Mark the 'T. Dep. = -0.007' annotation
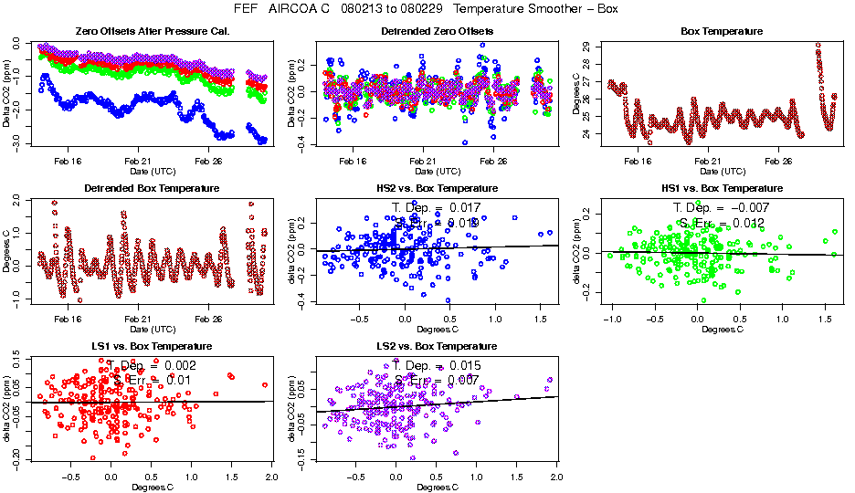[722, 208]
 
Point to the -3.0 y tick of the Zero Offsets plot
[16, 142]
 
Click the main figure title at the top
[427, 8]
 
